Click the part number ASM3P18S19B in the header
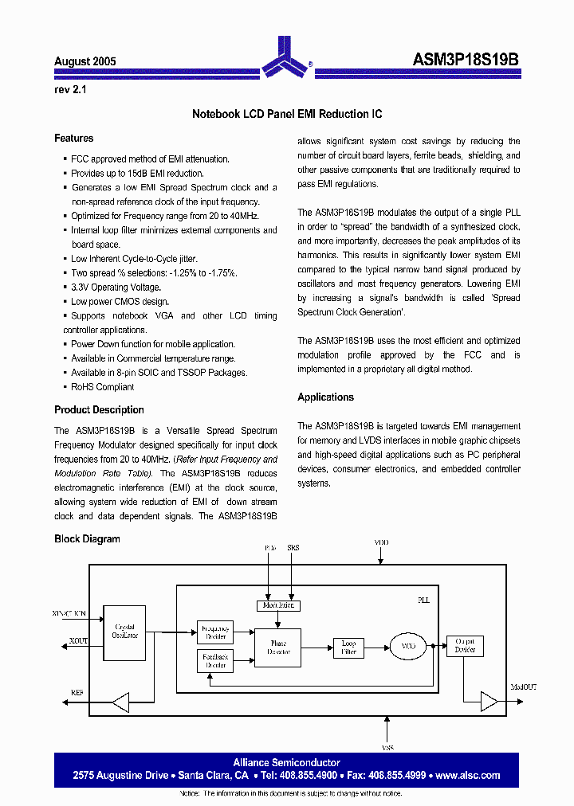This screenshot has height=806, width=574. tap(466, 61)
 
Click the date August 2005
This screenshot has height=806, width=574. tap(85, 61)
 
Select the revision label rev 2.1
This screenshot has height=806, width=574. tap(70, 90)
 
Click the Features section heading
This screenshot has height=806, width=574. tap(73, 139)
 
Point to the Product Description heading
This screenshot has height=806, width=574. tap(99, 410)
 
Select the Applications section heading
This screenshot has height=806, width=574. tap(325, 397)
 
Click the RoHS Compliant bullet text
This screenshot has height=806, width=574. tap(102, 387)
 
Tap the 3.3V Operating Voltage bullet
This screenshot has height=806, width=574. tap(116, 288)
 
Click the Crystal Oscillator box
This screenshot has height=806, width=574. tap(125, 632)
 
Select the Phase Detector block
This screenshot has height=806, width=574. tap(278, 648)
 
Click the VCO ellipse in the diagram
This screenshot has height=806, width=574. tap(408, 646)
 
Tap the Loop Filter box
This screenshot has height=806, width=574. tap(348, 647)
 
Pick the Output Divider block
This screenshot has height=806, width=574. tap(464, 645)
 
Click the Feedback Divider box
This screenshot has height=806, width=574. tap(214, 660)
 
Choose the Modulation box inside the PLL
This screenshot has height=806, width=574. tap(278, 605)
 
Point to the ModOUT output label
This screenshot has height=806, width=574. tap(524, 686)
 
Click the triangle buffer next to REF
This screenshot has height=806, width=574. tap(120, 702)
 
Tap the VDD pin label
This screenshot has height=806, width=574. tap(382, 542)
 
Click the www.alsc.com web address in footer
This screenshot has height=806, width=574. tap(468, 775)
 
